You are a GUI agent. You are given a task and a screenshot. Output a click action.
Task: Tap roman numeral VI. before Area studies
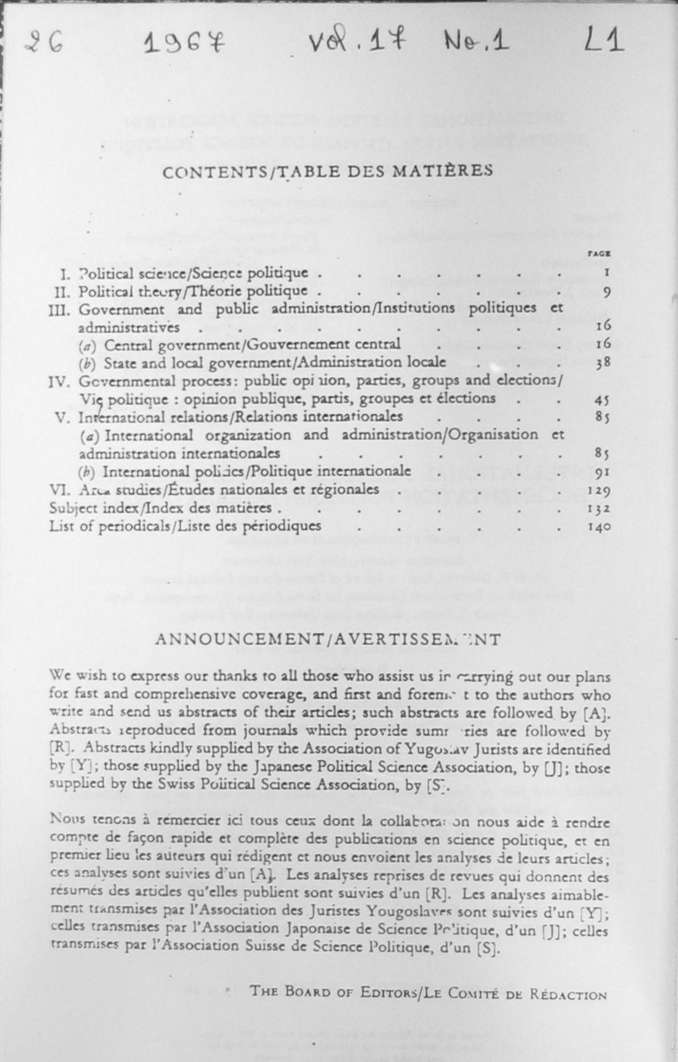[x=59, y=490]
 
